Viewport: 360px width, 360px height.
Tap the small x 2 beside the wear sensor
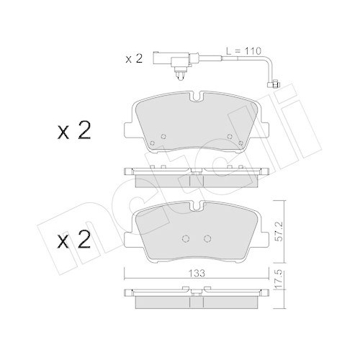(x=135, y=59)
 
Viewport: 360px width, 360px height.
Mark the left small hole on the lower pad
(x=185, y=240)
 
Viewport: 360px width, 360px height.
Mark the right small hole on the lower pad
(x=208, y=240)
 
